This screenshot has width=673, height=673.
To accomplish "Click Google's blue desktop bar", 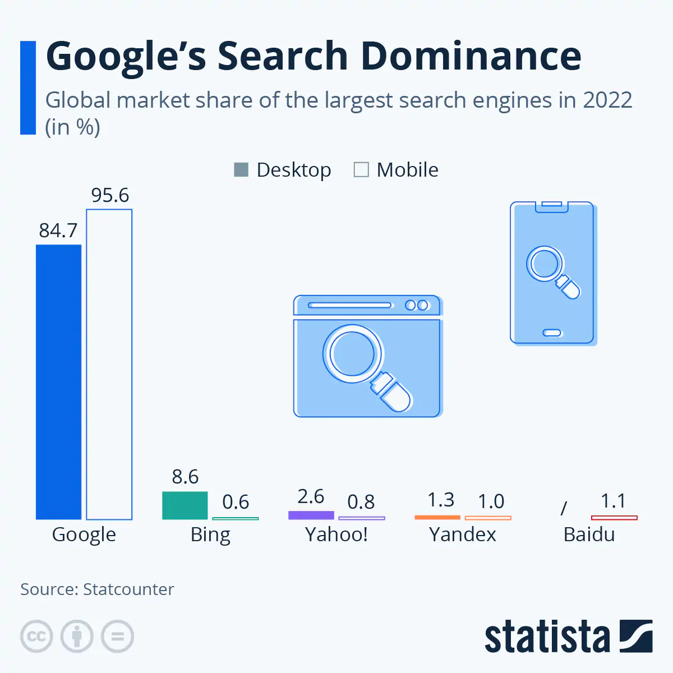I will [58, 381].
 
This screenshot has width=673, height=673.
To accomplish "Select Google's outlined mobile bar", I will [109, 365].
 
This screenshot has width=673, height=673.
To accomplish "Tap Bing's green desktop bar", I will [185, 505].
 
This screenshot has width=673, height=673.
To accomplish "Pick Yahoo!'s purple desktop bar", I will [311, 515].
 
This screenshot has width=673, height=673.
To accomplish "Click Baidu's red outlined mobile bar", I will [614, 518].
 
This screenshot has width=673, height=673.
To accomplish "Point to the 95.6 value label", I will [110, 195].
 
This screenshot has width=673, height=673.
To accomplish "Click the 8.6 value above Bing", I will [185, 477].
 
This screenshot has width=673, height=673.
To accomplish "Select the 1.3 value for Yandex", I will [440, 499].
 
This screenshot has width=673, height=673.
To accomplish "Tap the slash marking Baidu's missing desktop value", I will [564, 508].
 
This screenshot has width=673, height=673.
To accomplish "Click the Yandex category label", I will [463, 534].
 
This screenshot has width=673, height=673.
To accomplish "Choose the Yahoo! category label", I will [336, 534].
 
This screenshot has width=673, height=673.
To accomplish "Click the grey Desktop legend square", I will [241, 169].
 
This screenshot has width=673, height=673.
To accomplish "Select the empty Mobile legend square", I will [361, 169].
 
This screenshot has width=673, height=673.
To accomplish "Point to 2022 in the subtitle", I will [607, 100].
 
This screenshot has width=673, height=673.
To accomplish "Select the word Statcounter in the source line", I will [128, 589].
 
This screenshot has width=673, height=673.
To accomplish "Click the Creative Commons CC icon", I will [36, 637].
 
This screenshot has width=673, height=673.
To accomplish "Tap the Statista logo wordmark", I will [547, 637].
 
